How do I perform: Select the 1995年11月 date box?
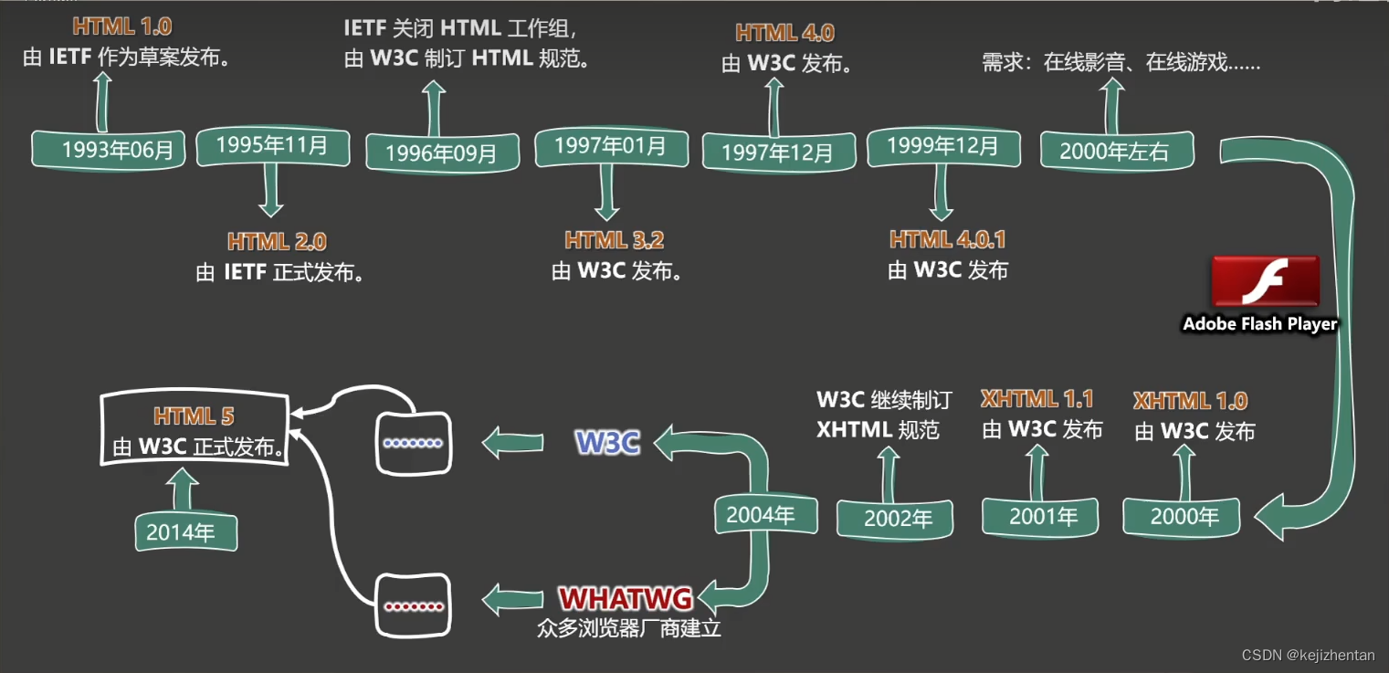point(272,146)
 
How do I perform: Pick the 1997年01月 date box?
point(610,146)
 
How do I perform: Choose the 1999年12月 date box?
point(942,146)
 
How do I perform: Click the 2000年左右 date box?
point(1116,151)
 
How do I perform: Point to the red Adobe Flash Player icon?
point(1265,282)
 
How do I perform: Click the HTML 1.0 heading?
point(121,25)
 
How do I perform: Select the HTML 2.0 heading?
point(277,242)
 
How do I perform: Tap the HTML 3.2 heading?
point(614,240)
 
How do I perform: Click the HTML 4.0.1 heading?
point(948,239)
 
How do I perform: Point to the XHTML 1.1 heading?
point(1036,399)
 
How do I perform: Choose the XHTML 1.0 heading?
point(1190,401)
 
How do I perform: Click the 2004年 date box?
point(761,515)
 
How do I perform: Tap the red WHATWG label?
point(626,599)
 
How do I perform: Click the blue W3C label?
point(607,443)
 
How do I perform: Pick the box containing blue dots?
point(414,443)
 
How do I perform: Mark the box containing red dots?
point(414,605)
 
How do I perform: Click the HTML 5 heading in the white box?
point(194,416)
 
